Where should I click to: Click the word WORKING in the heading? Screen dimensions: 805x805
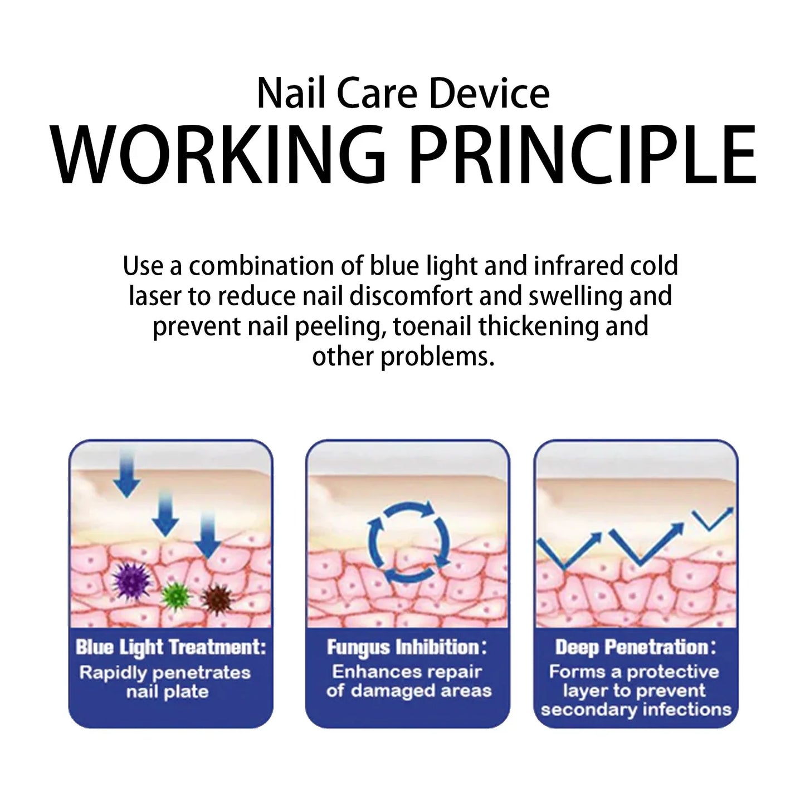(218, 154)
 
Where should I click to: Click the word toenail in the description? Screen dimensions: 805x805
(433, 326)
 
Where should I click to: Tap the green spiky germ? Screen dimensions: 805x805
(176, 595)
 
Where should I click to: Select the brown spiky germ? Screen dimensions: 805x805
(216, 598)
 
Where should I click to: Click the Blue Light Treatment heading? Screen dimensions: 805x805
(170, 647)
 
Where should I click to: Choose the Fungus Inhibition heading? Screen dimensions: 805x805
(407, 647)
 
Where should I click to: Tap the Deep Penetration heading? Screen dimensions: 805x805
(635, 647)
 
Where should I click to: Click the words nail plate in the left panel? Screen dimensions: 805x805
(167, 692)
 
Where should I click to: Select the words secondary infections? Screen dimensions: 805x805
(636, 710)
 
